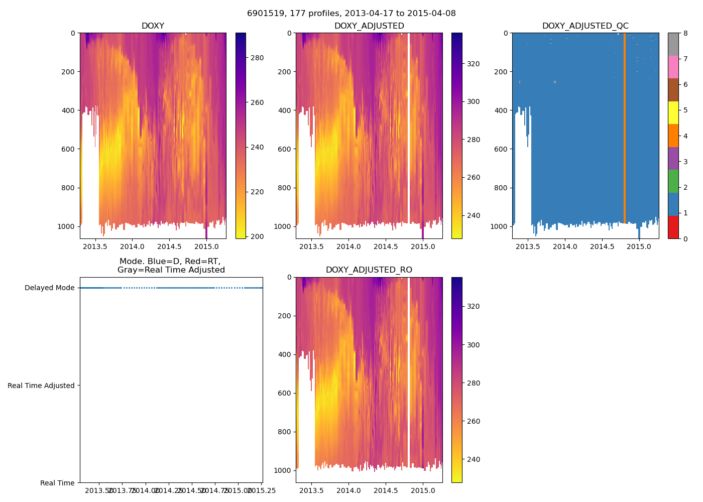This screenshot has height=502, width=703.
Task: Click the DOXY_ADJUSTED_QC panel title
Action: [x=585, y=26]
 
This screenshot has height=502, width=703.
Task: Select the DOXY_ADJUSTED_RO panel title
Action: [x=369, y=270]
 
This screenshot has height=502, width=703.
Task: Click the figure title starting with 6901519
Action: [x=351, y=14]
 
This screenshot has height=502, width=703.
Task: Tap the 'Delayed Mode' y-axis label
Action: [x=49, y=288]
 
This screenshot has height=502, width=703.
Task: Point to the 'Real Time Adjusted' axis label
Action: [x=41, y=386]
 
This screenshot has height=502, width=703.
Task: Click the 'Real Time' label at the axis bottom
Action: [x=57, y=483]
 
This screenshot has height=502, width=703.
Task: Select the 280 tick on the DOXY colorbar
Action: [x=257, y=58]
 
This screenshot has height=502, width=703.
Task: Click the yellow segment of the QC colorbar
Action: [x=673, y=112]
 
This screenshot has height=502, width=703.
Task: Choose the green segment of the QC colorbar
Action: [x=673, y=181]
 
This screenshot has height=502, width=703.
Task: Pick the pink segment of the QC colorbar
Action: [x=673, y=67]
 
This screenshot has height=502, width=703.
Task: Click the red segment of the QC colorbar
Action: [x=673, y=227]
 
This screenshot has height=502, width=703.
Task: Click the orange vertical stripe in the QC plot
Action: [x=624, y=125]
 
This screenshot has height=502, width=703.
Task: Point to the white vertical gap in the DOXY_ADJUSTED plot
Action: [x=409, y=125]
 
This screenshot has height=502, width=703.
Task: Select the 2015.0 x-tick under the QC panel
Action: [x=639, y=246]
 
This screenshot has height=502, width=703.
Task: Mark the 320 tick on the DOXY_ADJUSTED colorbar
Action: [x=473, y=64]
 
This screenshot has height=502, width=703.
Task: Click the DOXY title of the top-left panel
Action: [x=153, y=26]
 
